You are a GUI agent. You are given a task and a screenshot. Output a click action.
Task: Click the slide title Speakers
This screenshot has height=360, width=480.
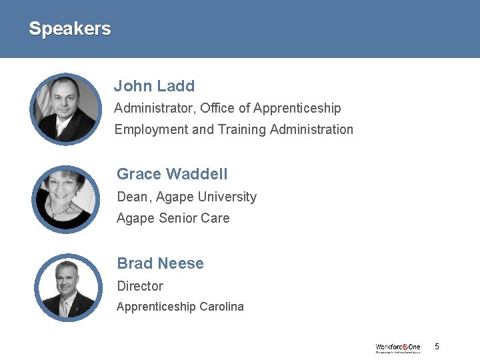(69, 29)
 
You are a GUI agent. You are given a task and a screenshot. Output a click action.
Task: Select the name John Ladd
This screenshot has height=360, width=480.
(154, 86)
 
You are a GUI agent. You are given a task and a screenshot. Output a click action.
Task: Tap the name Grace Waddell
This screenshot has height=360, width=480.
(172, 174)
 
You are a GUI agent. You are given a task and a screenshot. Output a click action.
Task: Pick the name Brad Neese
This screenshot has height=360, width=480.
(160, 263)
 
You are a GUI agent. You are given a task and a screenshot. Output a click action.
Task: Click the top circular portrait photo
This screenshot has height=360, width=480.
(66, 109)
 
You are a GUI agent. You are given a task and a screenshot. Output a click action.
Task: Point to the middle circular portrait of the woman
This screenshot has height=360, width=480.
(66, 198)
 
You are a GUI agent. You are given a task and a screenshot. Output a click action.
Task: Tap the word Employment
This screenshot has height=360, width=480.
(151, 129)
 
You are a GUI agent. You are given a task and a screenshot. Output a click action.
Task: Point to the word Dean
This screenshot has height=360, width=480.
(132, 197)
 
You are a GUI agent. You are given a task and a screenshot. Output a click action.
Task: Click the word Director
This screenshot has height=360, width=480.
(140, 286)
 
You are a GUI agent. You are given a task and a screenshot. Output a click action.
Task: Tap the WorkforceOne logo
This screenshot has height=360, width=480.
(398, 347)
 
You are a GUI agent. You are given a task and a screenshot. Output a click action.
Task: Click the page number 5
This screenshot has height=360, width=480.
(437, 347)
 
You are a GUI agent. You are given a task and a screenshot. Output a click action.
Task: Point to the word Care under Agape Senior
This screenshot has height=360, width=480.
(217, 218)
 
